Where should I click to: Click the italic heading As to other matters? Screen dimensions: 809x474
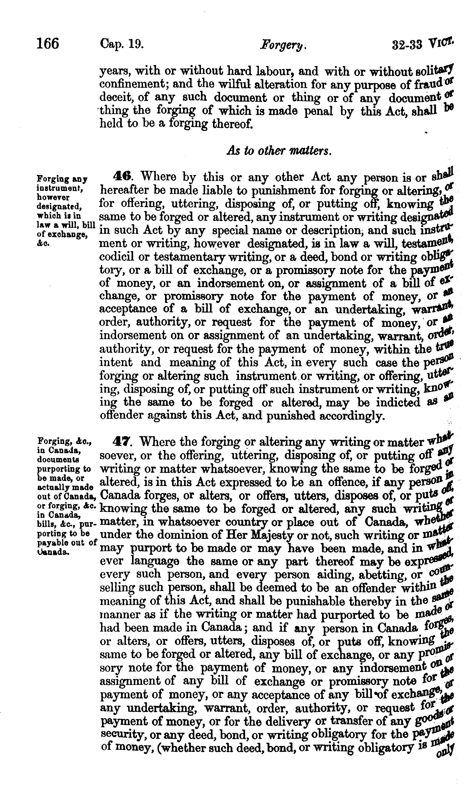click(x=279, y=151)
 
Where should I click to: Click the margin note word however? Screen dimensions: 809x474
click(x=50, y=197)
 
